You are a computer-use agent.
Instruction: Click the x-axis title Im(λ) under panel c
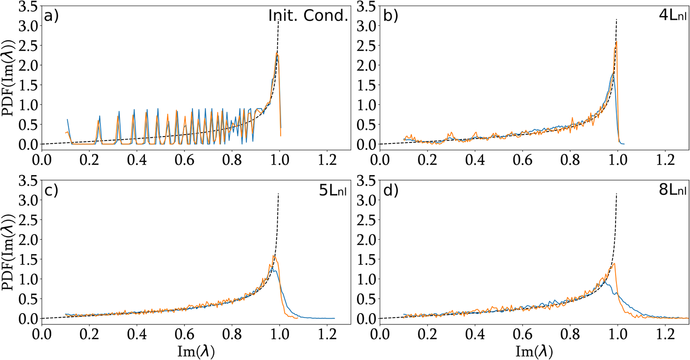[196, 351]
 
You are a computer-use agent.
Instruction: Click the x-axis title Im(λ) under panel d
[534, 351]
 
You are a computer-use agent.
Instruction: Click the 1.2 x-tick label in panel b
[664, 161]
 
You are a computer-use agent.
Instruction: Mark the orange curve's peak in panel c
[274, 255]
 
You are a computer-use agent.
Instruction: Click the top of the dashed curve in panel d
[617, 194]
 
